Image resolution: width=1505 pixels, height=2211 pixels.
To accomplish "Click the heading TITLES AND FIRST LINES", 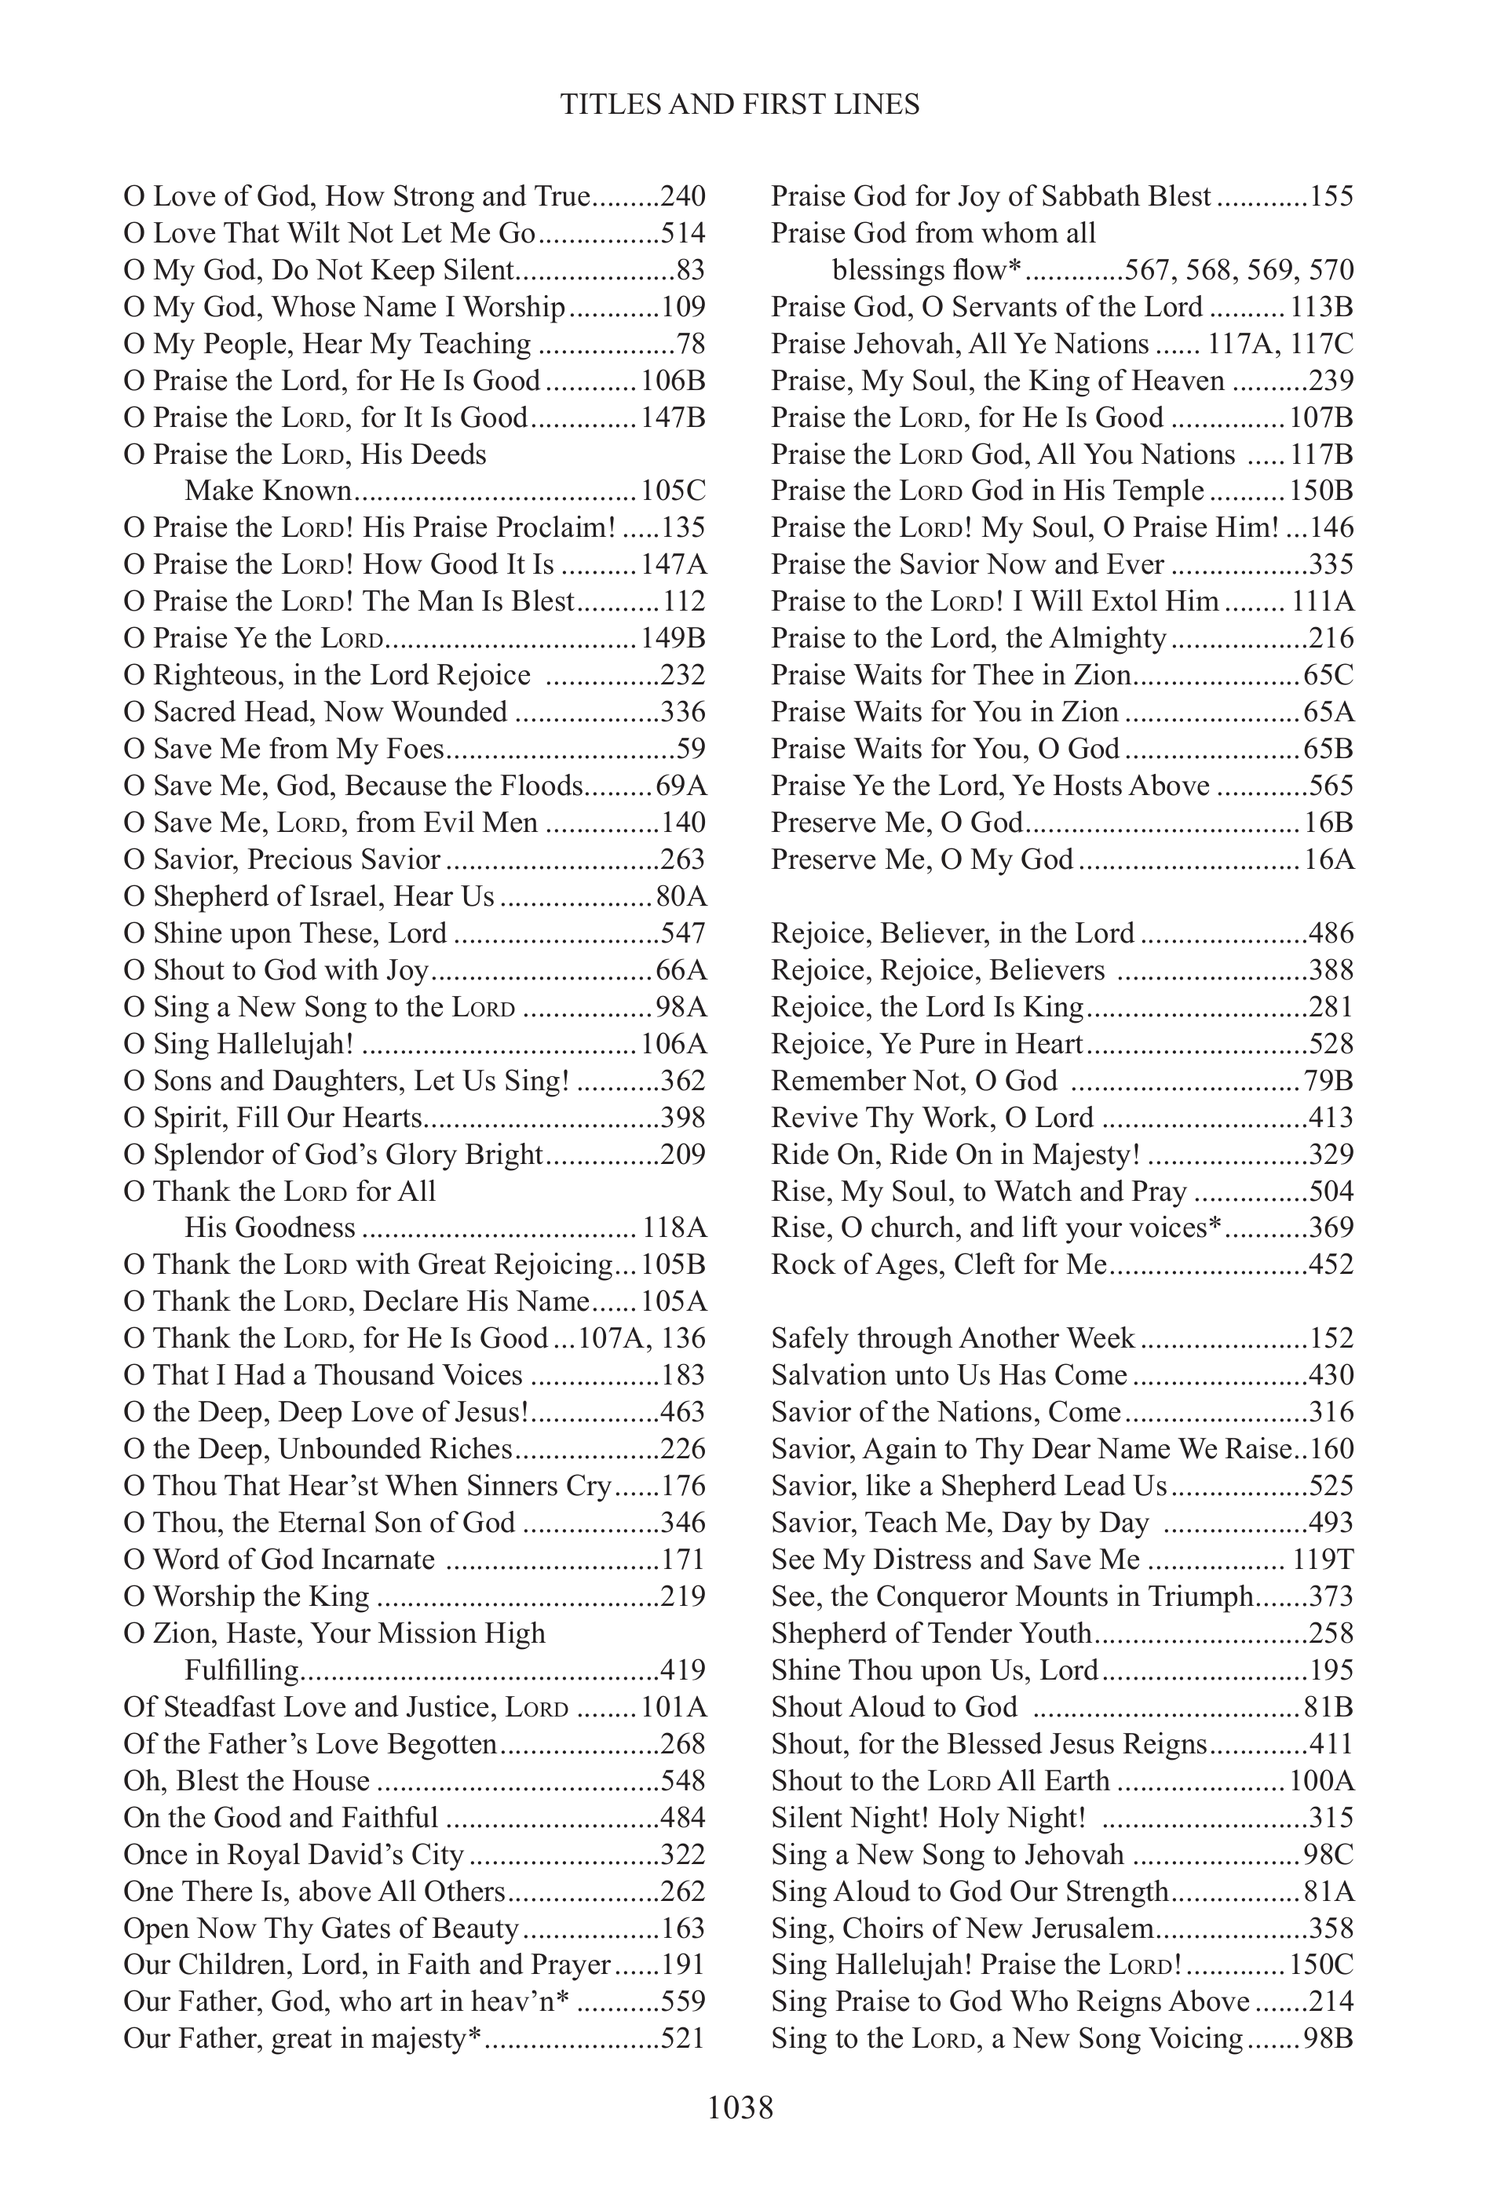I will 740,104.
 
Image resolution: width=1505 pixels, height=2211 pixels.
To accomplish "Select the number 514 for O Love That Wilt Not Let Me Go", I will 682,233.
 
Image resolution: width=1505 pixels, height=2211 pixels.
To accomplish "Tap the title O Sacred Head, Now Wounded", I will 316,712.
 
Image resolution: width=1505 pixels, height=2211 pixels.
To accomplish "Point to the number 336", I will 682,712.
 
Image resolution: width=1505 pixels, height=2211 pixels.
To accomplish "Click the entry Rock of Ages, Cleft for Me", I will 939,1264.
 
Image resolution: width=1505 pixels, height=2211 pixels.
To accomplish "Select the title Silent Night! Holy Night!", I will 929,1817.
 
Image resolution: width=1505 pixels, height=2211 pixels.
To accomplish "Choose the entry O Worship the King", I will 247,1596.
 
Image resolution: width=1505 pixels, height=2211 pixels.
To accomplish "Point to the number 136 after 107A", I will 682,1338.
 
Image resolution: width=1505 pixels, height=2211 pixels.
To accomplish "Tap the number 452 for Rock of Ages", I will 1331,1264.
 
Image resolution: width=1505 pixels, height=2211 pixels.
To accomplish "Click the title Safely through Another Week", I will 952,1338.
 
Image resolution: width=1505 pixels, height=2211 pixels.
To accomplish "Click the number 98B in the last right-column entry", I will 1329,2039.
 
